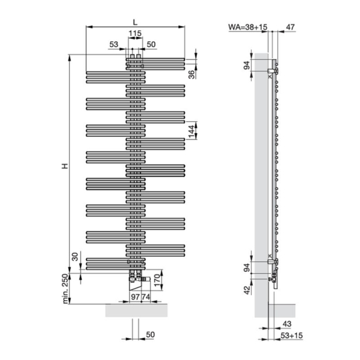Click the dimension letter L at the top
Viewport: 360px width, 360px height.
(135, 22)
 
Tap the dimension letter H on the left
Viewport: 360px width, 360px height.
(65, 166)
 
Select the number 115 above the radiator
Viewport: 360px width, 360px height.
(135, 33)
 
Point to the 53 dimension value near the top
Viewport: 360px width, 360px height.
(114, 44)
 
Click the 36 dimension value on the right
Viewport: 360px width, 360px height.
(191, 74)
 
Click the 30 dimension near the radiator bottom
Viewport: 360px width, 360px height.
(75, 256)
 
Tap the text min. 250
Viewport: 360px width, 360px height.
(65, 289)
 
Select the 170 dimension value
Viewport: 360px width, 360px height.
(157, 280)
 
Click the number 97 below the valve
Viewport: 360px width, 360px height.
(135, 297)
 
